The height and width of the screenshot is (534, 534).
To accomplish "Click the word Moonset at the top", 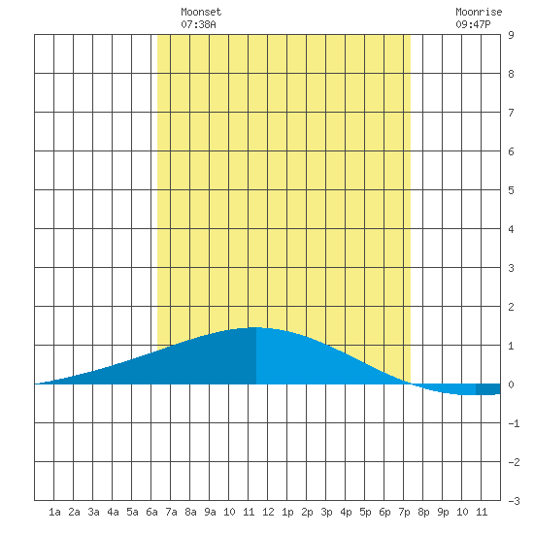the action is click(201, 12).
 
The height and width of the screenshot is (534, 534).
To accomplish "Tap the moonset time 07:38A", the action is click(198, 24).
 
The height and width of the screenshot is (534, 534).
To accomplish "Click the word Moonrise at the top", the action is click(479, 12).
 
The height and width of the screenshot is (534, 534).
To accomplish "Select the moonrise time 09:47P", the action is click(473, 24).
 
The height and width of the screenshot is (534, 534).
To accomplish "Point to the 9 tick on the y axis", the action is click(511, 35).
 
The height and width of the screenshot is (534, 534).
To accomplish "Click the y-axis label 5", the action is click(511, 190).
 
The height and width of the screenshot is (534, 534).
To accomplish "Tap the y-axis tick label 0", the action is click(511, 384).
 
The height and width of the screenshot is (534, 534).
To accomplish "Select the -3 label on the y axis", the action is click(514, 501).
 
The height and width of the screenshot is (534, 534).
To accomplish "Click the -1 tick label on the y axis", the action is click(514, 423).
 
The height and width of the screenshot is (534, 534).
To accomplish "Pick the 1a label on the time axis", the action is click(54, 512).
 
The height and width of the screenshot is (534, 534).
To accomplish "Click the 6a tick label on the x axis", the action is click(151, 512).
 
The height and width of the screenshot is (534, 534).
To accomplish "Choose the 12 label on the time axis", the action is click(268, 512).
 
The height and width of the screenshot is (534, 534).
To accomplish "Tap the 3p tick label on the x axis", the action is click(326, 512).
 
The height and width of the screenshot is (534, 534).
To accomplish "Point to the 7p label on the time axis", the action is click(404, 512).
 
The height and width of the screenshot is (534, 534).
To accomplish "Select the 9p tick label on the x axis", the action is click(443, 512).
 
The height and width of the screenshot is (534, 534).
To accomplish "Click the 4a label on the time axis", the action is click(113, 512).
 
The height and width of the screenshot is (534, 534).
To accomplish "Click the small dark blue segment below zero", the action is click(488, 389).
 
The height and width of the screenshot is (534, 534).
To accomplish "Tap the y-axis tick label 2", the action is click(511, 307).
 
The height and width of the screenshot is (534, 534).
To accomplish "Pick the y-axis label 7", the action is click(511, 113).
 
